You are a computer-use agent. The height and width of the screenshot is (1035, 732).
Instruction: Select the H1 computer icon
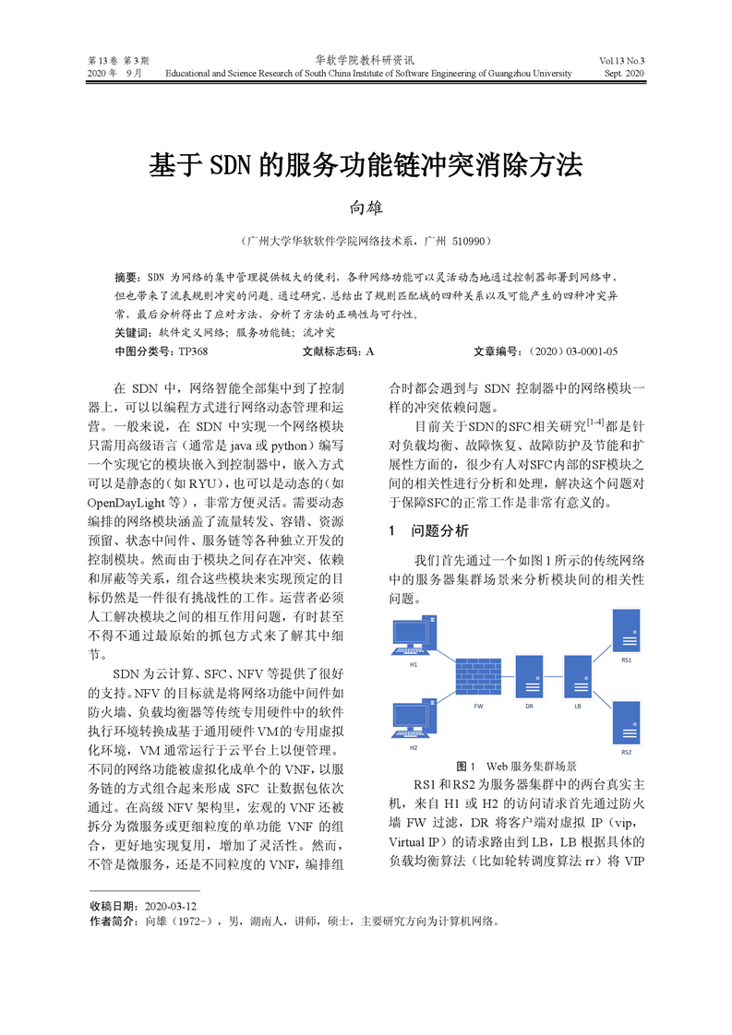[x=414, y=637]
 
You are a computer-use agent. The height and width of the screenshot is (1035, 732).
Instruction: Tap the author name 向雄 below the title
[x=366, y=208]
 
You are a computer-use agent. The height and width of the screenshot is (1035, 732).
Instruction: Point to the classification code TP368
[x=193, y=351]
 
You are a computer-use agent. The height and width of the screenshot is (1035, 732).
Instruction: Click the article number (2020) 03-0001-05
[x=570, y=351]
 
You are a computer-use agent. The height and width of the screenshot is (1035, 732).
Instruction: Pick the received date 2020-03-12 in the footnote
[x=171, y=906]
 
